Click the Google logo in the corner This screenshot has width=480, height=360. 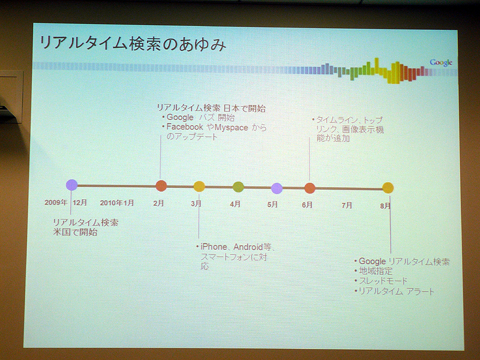(x=441, y=62)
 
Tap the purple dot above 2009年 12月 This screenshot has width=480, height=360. (x=71, y=185)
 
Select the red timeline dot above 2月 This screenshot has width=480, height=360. (x=161, y=186)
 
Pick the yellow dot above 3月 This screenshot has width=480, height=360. (x=199, y=187)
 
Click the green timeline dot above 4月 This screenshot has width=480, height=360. (x=238, y=187)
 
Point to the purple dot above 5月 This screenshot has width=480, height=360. (x=277, y=188)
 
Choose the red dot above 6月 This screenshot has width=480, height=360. (x=310, y=188)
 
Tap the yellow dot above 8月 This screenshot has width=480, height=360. (x=388, y=188)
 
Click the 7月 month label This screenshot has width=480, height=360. (x=347, y=205)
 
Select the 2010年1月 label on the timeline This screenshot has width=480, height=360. (x=117, y=203)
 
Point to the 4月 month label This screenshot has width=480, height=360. (x=235, y=204)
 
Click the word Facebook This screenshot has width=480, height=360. (x=185, y=127)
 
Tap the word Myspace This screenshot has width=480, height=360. (x=232, y=127)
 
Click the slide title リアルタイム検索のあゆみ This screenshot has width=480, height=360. (x=133, y=43)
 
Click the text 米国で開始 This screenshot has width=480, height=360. (x=75, y=232)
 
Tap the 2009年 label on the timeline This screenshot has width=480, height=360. (x=56, y=202)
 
